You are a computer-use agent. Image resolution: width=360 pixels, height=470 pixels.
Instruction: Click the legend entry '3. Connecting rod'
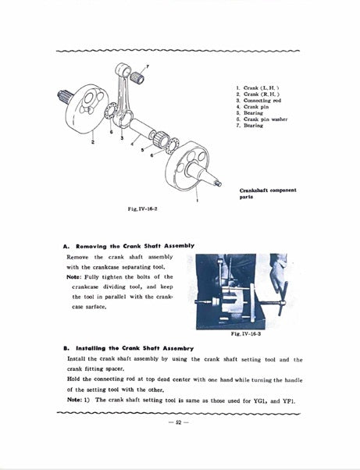point(258,101)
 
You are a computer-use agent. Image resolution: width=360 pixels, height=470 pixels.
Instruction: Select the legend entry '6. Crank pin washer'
point(262,119)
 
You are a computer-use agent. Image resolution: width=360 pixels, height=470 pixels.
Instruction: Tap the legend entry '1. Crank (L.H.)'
point(258,87)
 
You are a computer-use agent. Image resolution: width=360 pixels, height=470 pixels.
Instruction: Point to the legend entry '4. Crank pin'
point(252,107)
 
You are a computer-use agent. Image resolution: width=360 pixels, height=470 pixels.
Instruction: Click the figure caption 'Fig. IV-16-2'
point(142,209)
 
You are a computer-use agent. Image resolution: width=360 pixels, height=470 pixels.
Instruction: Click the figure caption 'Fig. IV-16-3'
point(246,333)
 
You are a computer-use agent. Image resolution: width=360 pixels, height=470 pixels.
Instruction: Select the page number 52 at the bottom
point(179,422)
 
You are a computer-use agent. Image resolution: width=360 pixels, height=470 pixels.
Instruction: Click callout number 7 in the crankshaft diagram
point(147,66)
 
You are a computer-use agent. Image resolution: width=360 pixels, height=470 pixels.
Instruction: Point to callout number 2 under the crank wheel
point(93,142)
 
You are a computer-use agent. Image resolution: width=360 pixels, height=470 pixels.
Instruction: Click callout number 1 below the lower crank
point(197,200)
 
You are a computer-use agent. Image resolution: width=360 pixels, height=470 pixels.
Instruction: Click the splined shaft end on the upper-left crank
point(65,96)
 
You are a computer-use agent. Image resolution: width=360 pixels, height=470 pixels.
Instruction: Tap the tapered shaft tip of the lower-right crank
point(218,183)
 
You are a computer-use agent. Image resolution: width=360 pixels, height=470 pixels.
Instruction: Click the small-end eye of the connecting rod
point(123,70)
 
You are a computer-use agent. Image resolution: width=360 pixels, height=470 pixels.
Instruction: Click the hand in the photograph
point(277,271)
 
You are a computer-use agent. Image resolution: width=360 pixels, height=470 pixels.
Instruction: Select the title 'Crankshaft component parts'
point(268,194)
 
